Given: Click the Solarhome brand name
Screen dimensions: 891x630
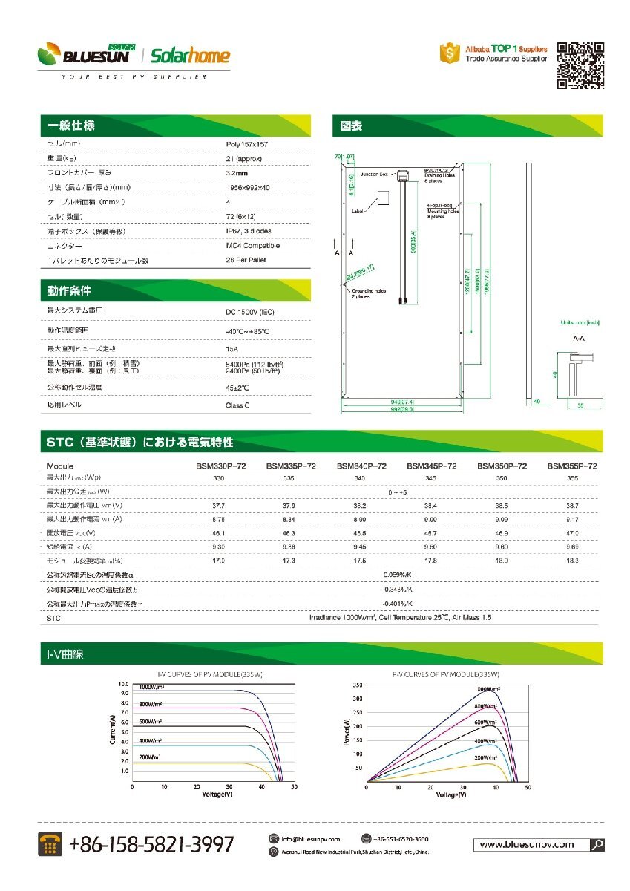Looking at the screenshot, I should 190,56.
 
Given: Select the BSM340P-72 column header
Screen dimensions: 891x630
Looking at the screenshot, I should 361,466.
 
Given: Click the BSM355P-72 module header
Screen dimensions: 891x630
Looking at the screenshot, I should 572,466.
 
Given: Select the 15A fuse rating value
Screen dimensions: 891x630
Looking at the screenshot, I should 231,347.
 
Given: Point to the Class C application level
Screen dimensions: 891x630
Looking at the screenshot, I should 237,405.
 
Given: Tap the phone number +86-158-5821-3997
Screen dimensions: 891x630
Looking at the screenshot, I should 151,844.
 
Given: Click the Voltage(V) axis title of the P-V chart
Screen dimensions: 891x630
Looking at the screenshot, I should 450,794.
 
